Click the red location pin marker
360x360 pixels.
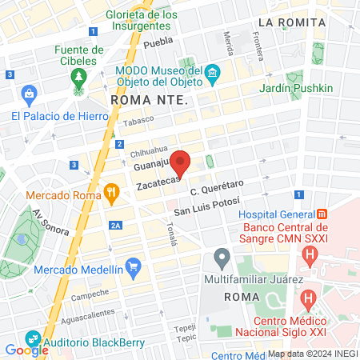[182, 163]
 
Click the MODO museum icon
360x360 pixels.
[212, 75]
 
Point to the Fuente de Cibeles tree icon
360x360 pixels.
[78, 77]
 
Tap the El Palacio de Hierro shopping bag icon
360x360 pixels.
[30, 96]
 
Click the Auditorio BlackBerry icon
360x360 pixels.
[33, 338]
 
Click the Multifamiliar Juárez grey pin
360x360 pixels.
[222, 258]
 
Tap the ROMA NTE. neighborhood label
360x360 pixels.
[150, 101]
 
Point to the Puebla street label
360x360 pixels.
[158, 42]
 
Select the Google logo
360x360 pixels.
[27, 350]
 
